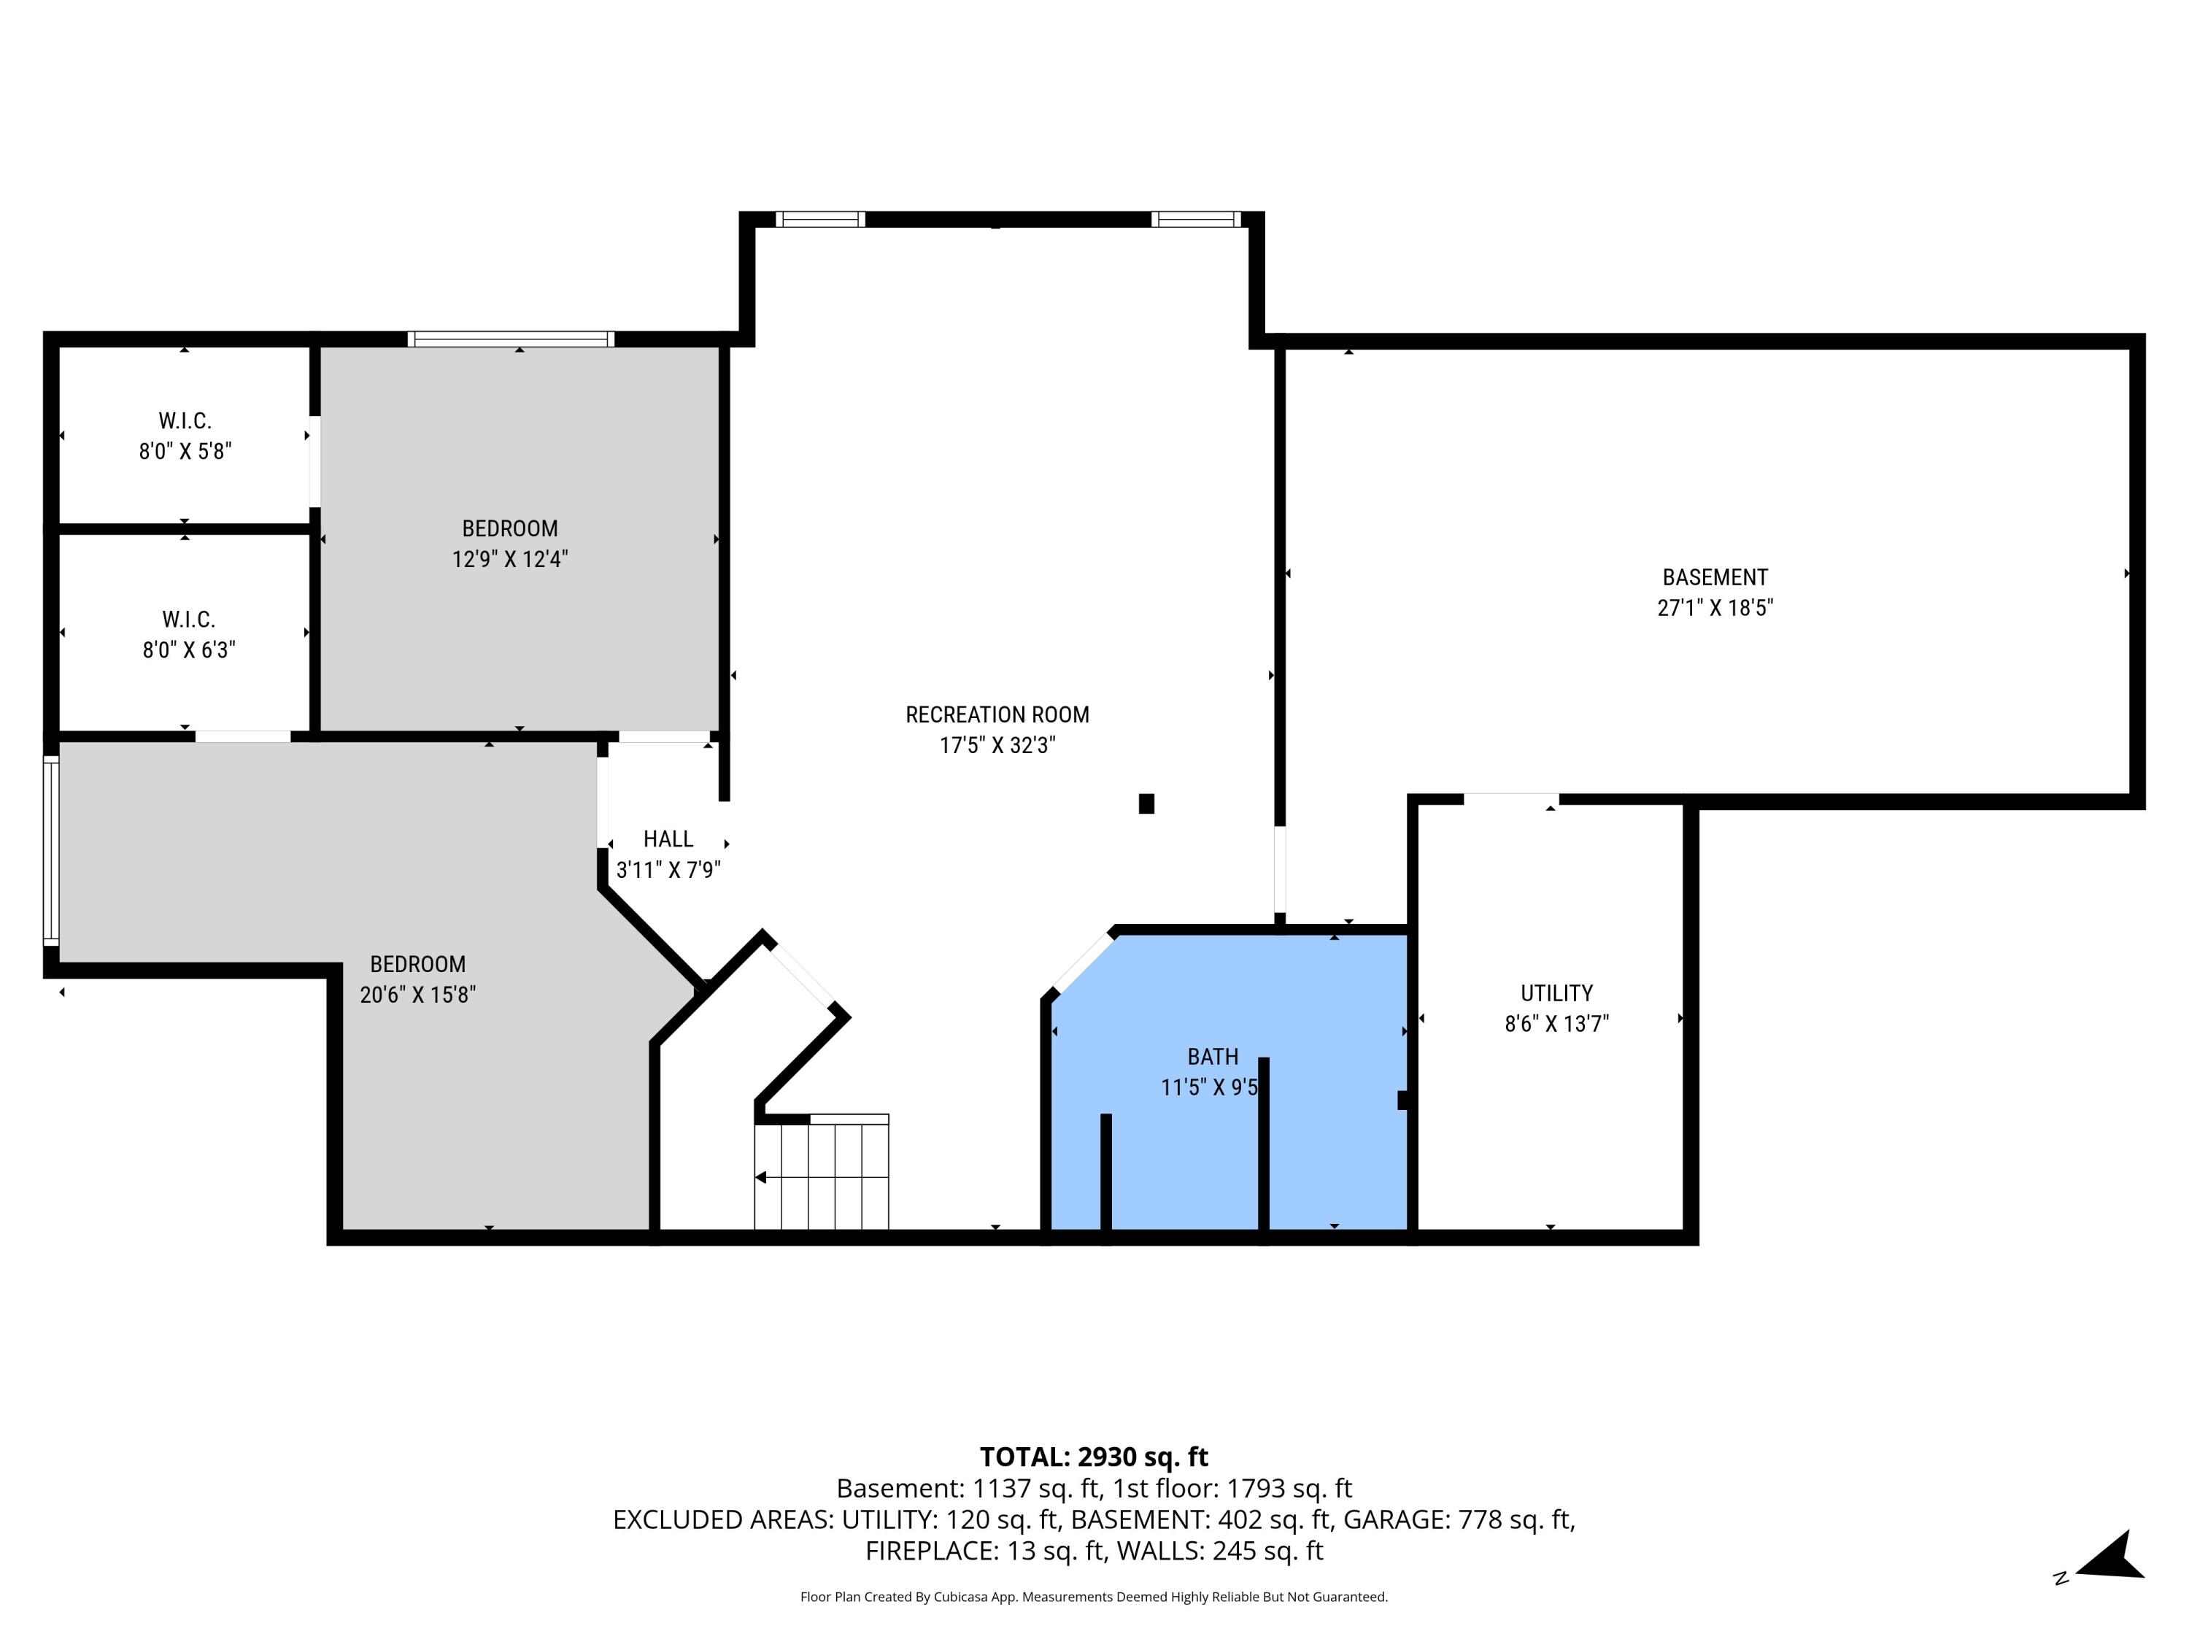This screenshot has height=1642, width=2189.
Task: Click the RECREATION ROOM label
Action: click(x=997, y=714)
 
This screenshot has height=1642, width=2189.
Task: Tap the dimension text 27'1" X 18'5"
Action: click(x=1714, y=608)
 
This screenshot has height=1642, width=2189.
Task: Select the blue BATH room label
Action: click(x=1212, y=1056)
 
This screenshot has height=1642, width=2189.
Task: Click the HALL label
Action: click(x=668, y=839)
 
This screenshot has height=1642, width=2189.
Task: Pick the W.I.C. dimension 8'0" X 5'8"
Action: click(x=185, y=451)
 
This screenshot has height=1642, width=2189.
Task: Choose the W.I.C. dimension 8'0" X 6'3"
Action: click(x=189, y=650)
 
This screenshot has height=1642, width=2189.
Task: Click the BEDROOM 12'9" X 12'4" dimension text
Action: click(x=509, y=559)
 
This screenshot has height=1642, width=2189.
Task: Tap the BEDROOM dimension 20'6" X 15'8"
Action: click(x=417, y=995)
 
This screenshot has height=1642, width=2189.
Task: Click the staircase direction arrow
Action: click(x=761, y=1178)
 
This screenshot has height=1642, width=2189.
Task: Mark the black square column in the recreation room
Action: click(x=1146, y=803)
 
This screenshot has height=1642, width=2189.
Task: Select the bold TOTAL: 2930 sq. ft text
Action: click(x=1094, y=1457)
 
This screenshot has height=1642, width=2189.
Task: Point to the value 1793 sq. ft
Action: click(x=1289, y=1489)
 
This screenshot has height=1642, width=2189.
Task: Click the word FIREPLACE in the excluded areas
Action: click(x=933, y=1551)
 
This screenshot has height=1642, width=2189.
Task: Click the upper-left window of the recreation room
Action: click(x=819, y=219)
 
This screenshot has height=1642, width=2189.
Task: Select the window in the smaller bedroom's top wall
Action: click(x=511, y=339)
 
